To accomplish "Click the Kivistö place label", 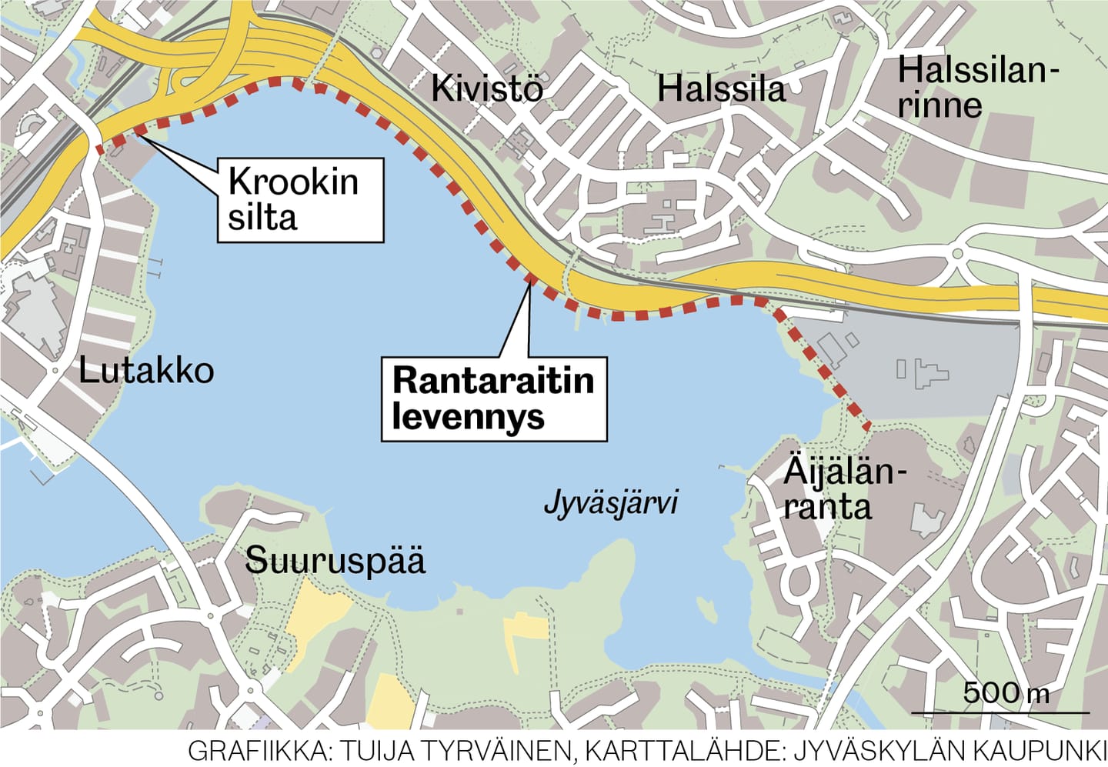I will pyautogui.click(x=486, y=88).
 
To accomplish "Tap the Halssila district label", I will pyautogui.click(x=721, y=89).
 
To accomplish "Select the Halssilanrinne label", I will pyautogui.click(x=976, y=88).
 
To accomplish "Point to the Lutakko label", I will pyautogui.click(x=146, y=371).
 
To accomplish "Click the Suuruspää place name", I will pyautogui.click(x=335, y=560).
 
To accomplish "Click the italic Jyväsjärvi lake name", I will pyautogui.click(x=611, y=503).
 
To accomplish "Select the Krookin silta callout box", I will pyautogui.click(x=300, y=200).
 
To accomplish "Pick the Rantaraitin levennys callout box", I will pyautogui.click(x=494, y=399).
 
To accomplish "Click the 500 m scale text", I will pyautogui.click(x=1006, y=692).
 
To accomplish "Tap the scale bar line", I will pyautogui.click(x=1000, y=712).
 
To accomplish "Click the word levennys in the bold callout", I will pyautogui.click(x=469, y=417).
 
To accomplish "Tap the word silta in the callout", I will pyautogui.click(x=262, y=218).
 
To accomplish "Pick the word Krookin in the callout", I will pyautogui.click(x=294, y=182).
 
